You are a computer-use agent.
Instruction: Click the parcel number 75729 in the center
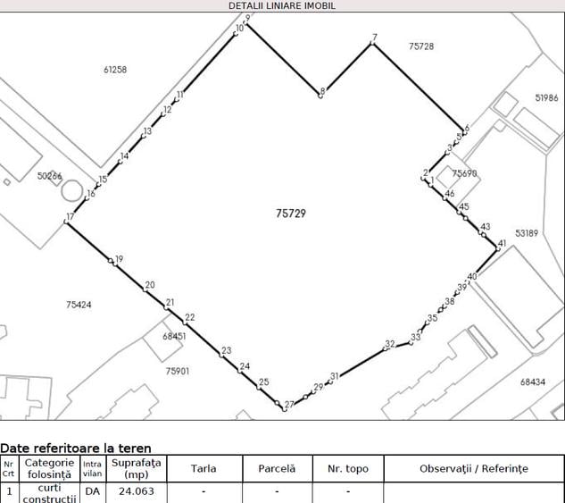291,214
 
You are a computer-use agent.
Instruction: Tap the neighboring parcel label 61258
115,70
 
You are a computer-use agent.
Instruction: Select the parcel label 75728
421,46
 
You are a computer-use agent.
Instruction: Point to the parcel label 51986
546,97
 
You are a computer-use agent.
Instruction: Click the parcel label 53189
527,233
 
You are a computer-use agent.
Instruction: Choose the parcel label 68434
533,381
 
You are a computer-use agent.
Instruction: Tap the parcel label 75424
79,305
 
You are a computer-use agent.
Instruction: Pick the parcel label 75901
178,371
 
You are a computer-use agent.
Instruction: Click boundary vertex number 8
320,96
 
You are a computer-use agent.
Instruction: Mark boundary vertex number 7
372,43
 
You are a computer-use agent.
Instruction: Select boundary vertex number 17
66,222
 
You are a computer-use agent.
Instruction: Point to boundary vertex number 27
285,409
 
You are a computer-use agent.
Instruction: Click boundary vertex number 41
498,248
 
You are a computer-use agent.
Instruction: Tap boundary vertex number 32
386,348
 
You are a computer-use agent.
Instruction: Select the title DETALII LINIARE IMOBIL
282,5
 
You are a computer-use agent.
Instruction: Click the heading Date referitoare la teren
76,449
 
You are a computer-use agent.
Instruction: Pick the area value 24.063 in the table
137,491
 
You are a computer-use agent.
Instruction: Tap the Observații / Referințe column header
474,468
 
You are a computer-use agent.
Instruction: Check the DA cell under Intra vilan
93,491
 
